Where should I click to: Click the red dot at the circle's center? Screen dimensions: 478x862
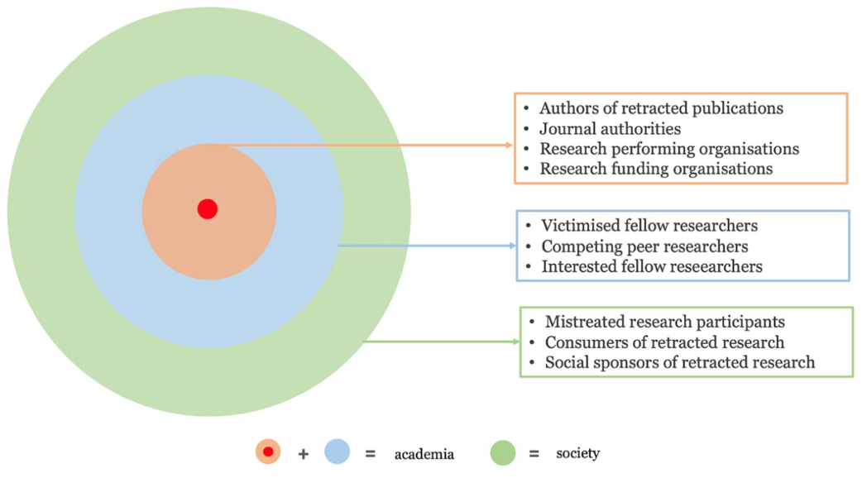[208, 209]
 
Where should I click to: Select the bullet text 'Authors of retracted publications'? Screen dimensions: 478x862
[661, 108]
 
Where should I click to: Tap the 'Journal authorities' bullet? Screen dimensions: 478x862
[610, 129]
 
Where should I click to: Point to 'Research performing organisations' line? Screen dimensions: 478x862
[669, 149]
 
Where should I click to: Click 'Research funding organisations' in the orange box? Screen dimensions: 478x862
[656, 169]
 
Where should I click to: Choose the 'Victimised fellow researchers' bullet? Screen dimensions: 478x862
[649, 226]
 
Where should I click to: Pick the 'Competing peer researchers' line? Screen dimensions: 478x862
[644, 246]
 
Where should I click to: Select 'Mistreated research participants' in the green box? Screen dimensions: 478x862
[664, 322]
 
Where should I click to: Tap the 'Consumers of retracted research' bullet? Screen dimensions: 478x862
[664, 342]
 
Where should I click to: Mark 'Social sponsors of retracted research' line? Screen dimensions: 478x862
[679, 362]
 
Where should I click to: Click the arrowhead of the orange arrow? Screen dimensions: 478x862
[510, 145]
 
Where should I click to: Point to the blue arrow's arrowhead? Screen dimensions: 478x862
[512, 246]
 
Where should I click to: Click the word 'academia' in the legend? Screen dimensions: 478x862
[424, 454]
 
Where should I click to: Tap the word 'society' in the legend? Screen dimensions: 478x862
[577, 453]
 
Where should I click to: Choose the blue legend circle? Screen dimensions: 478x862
[337, 452]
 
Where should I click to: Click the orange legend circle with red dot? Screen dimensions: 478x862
[268, 452]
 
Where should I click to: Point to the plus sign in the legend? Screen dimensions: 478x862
[303, 454]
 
